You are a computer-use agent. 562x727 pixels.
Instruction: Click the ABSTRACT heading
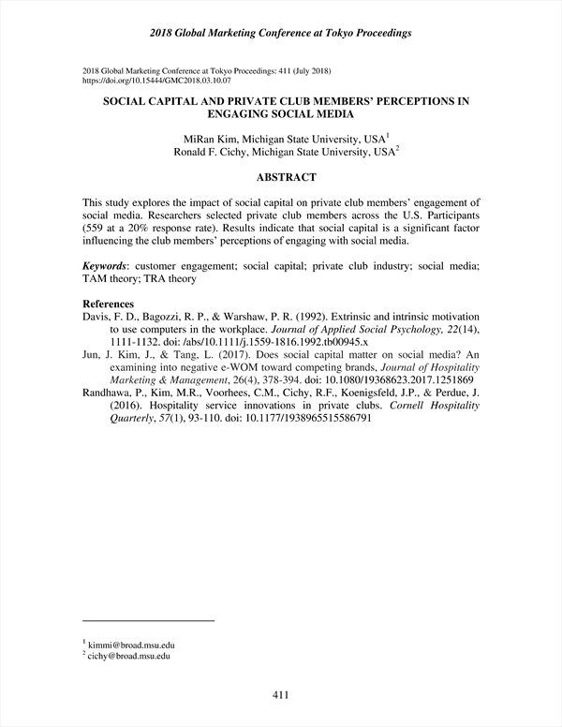click(280, 177)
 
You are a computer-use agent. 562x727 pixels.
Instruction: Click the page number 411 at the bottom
click(280, 694)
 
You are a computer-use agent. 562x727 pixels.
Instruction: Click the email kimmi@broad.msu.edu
click(132, 645)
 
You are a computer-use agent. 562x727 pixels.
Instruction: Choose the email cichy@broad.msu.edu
click(132, 658)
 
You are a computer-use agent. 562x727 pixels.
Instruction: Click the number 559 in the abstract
click(95, 228)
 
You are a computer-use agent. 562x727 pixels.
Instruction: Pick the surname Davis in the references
click(97, 318)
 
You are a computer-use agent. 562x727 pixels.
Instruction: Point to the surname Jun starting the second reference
click(92, 356)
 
